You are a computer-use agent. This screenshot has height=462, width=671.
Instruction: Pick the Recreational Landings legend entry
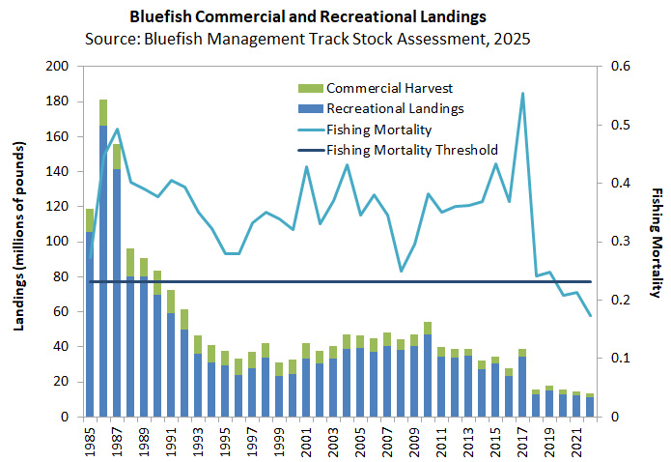[x=389, y=108]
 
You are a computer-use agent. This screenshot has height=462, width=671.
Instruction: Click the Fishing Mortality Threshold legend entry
[x=411, y=150]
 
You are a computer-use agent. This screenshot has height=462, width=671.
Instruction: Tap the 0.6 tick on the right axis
[x=609, y=67]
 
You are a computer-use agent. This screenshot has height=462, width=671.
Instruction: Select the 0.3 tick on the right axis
[x=609, y=242]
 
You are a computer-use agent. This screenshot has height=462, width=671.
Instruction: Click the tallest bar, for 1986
[x=103, y=271]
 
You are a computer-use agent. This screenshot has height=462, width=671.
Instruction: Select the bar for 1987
[x=117, y=290]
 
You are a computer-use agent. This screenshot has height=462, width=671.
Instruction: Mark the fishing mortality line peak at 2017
[x=522, y=94]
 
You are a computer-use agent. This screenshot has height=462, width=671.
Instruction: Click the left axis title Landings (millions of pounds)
[x=19, y=241]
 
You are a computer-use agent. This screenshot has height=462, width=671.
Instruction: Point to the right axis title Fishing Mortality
[x=656, y=242]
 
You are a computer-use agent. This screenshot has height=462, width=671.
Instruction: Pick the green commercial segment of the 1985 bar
[x=90, y=219]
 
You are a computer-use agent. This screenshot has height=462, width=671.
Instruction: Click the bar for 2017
[x=522, y=387]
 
